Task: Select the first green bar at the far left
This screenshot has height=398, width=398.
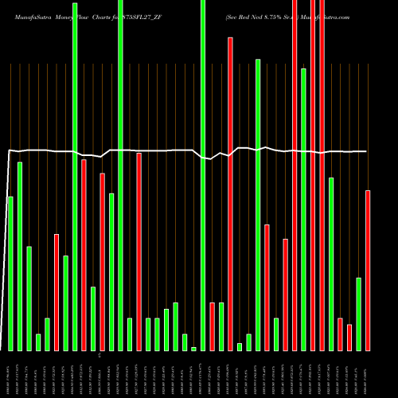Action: click(10, 273)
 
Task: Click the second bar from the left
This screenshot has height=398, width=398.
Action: click(20, 256)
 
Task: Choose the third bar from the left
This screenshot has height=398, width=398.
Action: click(29, 298)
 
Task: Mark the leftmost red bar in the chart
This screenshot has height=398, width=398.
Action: click(57, 292)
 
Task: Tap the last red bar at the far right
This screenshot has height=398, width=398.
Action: click(368, 271)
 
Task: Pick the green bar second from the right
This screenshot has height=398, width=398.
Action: click(359, 314)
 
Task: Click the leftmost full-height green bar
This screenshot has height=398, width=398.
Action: click(75, 175)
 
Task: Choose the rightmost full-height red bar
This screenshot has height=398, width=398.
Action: click(322, 175)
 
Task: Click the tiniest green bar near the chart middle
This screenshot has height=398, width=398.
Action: click(193, 349)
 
